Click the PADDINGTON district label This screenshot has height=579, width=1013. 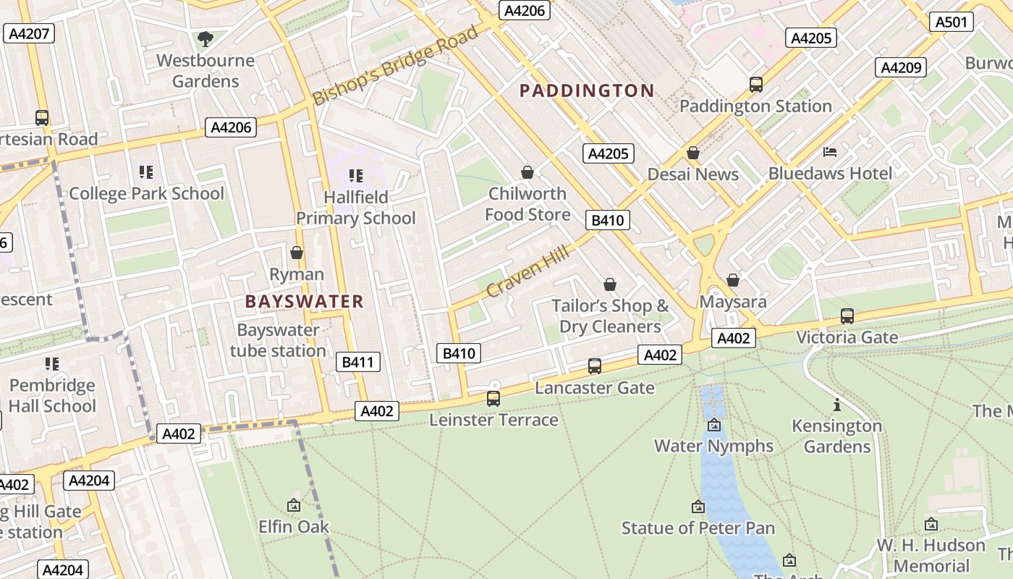587,90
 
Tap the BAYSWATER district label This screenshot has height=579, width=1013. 304,302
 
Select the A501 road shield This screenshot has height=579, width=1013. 951,22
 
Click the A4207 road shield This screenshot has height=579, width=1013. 29,33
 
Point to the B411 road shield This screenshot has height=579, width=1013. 358,362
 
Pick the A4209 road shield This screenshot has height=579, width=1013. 901,67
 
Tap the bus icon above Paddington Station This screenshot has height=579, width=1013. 756,85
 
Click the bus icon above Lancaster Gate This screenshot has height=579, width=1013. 595,366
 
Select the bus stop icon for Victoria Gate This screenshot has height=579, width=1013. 847,316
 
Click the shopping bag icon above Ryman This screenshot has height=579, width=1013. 297,253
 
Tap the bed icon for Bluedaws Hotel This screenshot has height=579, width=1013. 830,152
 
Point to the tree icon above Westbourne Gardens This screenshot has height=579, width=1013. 205,38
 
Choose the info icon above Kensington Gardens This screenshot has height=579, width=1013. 837,405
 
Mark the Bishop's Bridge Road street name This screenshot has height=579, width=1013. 396,65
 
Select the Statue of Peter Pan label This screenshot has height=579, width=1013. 698,528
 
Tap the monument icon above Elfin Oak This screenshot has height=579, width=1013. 294,505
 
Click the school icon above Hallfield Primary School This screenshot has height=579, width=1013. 355,175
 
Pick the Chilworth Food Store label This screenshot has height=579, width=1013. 527,204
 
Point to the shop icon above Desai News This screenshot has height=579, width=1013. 693,153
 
